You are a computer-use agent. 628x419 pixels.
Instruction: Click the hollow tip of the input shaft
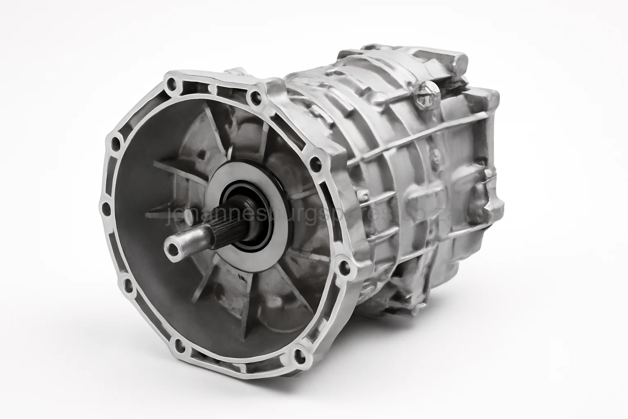coord(174,247)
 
